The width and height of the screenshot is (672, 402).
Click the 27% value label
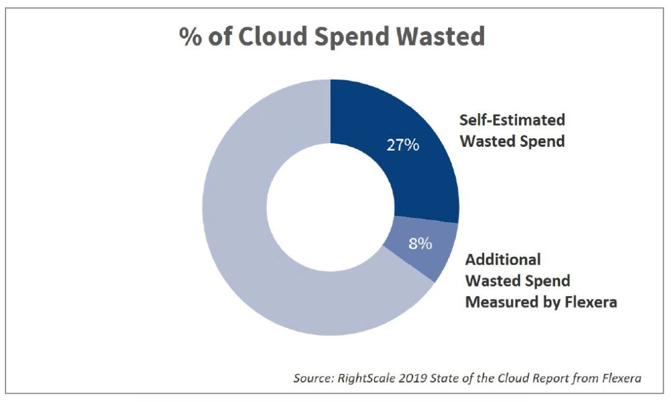[403, 146]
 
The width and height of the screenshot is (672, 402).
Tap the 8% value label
[420, 243]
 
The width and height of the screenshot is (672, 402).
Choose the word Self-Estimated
[512, 120]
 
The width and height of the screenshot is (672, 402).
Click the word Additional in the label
[503, 259]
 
